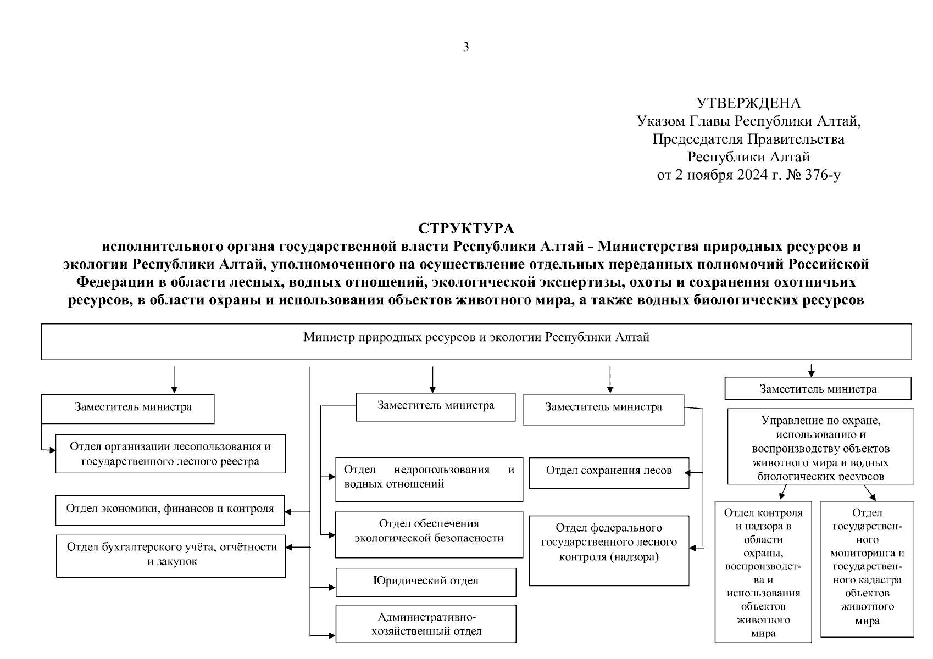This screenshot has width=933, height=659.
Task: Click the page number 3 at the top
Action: click(x=466, y=47)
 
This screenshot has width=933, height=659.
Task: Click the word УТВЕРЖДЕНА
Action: click(x=748, y=103)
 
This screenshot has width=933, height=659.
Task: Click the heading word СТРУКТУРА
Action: click(x=466, y=228)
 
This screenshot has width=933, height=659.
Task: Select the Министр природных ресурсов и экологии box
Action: click(x=476, y=341)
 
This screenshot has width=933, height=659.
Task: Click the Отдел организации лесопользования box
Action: click(x=170, y=454)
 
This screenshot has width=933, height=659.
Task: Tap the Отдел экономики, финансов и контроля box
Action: click(x=170, y=509)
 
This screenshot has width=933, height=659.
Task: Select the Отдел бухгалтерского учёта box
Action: click(x=171, y=555)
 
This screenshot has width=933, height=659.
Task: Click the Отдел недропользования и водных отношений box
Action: click(x=429, y=478)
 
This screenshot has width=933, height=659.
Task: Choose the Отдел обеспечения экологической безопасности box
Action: click(x=429, y=534)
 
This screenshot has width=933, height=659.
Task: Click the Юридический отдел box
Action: click(x=426, y=582)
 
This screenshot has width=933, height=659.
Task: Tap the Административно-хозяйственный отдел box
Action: click(x=426, y=624)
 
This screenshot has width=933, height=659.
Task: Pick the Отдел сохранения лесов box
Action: click(x=609, y=472)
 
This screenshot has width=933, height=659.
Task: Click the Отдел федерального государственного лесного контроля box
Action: click(x=609, y=549)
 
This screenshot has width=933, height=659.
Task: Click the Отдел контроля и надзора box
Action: click(x=763, y=571)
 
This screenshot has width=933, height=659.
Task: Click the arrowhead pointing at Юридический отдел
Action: click(x=332, y=588)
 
